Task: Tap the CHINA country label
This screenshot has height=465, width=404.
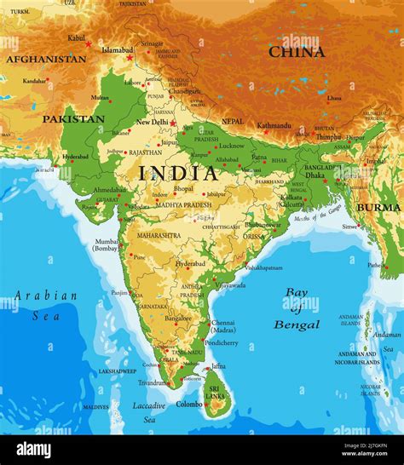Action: coord(297,52)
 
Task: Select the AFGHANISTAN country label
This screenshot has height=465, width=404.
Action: coord(46,60)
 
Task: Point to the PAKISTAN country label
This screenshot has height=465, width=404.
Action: coord(73,119)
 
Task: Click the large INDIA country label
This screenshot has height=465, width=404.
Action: coord(178,173)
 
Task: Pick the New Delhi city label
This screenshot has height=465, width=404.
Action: coord(152,123)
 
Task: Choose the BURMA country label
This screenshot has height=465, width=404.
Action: coord(378,207)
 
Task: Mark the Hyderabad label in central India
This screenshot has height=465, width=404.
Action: coord(190,264)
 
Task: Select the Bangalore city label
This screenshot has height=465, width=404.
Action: coord(178,318)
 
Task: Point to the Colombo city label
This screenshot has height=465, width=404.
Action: coord(188,405)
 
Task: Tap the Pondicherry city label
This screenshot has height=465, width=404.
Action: coord(222,342)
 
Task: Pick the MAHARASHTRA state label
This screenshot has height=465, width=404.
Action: coord(158,235)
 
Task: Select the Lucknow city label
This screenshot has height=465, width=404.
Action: coord(231,146)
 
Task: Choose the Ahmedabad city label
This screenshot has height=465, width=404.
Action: coord(109,190)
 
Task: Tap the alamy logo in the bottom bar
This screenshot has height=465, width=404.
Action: coord(34,450)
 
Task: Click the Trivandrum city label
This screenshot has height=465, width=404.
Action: coord(153,383)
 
